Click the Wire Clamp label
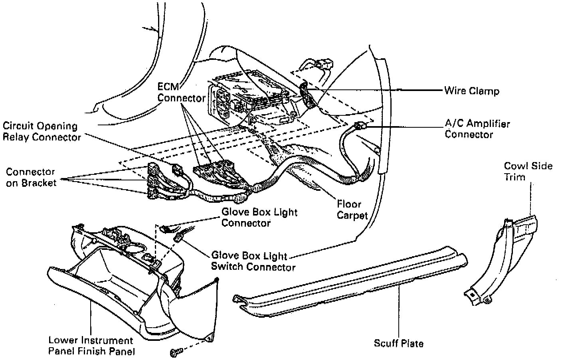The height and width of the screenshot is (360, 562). pyautogui.click(x=471, y=91)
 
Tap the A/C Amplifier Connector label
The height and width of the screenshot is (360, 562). pyautogui.click(x=477, y=129)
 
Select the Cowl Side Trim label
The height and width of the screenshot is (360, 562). pyautogui.click(x=528, y=171)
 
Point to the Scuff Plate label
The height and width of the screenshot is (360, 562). pyautogui.click(x=398, y=343)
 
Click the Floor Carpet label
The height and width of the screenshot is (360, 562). pyautogui.click(x=352, y=210)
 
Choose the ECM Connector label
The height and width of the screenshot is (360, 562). pyautogui.click(x=181, y=93)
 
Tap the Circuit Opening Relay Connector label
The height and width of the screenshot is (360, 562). pyautogui.click(x=42, y=132)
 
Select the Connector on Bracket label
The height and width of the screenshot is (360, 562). pyautogui.click(x=31, y=178)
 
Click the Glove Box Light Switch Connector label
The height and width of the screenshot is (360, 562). pyautogui.click(x=253, y=261)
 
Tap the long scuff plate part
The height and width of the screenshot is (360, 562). pyautogui.click(x=351, y=279)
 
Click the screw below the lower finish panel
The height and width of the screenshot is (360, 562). pyautogui.click(x=176, y=352)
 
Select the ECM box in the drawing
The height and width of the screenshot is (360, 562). pyautogui.click(x=249, y=98)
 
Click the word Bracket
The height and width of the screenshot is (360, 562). pyautogui.click(x=40, y=183)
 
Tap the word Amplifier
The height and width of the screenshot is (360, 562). pyautogui.click(x=488, y=124)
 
